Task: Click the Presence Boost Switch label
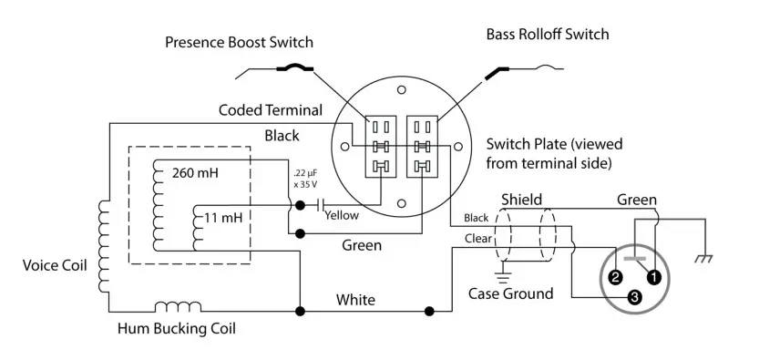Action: [x=239, y=43]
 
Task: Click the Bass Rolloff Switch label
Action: [x=548, y=35]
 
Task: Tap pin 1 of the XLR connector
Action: [x=652, y=277]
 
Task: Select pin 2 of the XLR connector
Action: [x=615, y=277]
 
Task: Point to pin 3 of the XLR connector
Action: [x=634, y=297]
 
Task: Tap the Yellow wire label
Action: [x=341, y=216]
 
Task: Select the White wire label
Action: [x=355, y=299]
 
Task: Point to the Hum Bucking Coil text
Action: [x=176, y=328]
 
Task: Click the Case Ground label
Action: [x=510, y=293]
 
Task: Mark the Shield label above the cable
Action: [x=521, y=200]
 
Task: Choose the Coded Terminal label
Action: [x=271, y=110]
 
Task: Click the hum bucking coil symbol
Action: [x=178, y=307]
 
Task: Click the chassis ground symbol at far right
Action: [x=703, y=259]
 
